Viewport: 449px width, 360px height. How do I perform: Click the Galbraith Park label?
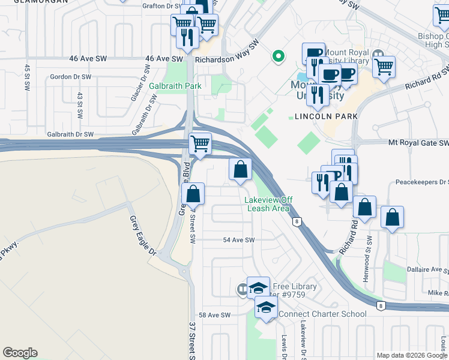[175, 86]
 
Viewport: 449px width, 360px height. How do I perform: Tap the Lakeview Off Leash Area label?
[267, 204]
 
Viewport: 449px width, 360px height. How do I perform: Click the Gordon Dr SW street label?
[70, 77]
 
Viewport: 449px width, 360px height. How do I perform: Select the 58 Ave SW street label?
[215, 315]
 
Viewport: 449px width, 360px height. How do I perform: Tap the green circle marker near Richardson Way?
[278, 57]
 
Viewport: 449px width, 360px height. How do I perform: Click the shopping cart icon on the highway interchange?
[199, 145]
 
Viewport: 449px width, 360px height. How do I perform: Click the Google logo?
[20, 353]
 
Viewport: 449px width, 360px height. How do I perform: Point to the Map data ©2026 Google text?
[411, 355]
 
